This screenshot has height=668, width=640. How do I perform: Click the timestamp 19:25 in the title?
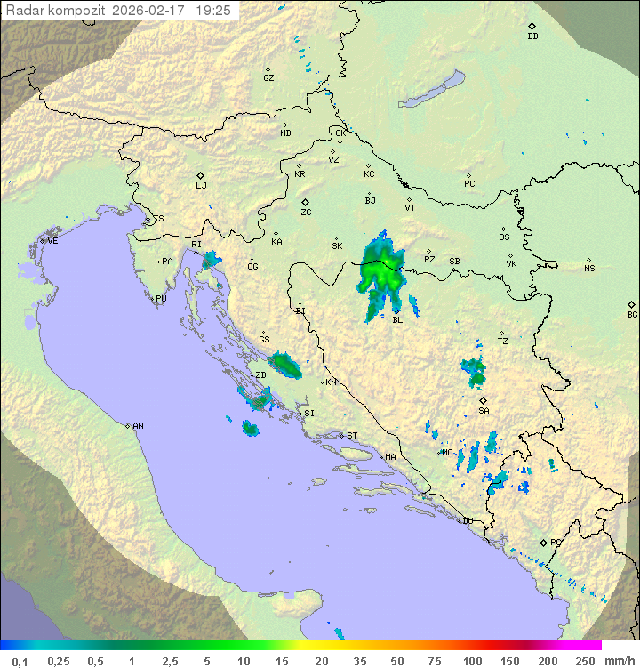point(213,11)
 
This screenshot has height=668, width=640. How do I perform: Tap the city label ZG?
point(306,213)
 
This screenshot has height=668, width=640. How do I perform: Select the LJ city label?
point(201,186)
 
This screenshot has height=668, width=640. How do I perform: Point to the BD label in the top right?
point(532,36)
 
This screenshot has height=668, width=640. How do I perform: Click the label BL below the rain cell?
point(396,319)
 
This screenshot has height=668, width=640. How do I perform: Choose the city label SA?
point(484,410)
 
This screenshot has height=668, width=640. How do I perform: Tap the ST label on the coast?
point(352,435)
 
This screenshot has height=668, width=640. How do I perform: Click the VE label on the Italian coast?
point(52,240)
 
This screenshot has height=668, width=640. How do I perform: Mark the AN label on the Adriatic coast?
point(138,426)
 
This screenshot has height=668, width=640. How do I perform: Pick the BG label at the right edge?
point(632,314)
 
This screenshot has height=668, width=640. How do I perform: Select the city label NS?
point(589,268)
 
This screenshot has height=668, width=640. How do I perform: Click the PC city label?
point(469,184)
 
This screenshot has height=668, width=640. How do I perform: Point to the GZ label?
point(268,77)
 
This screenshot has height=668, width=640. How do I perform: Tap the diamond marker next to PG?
point(543,542)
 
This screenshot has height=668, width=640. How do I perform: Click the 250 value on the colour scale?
point(584,661)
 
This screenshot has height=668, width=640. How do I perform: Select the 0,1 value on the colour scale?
point(20,661)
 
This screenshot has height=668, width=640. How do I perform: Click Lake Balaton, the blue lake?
point(433,90)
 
